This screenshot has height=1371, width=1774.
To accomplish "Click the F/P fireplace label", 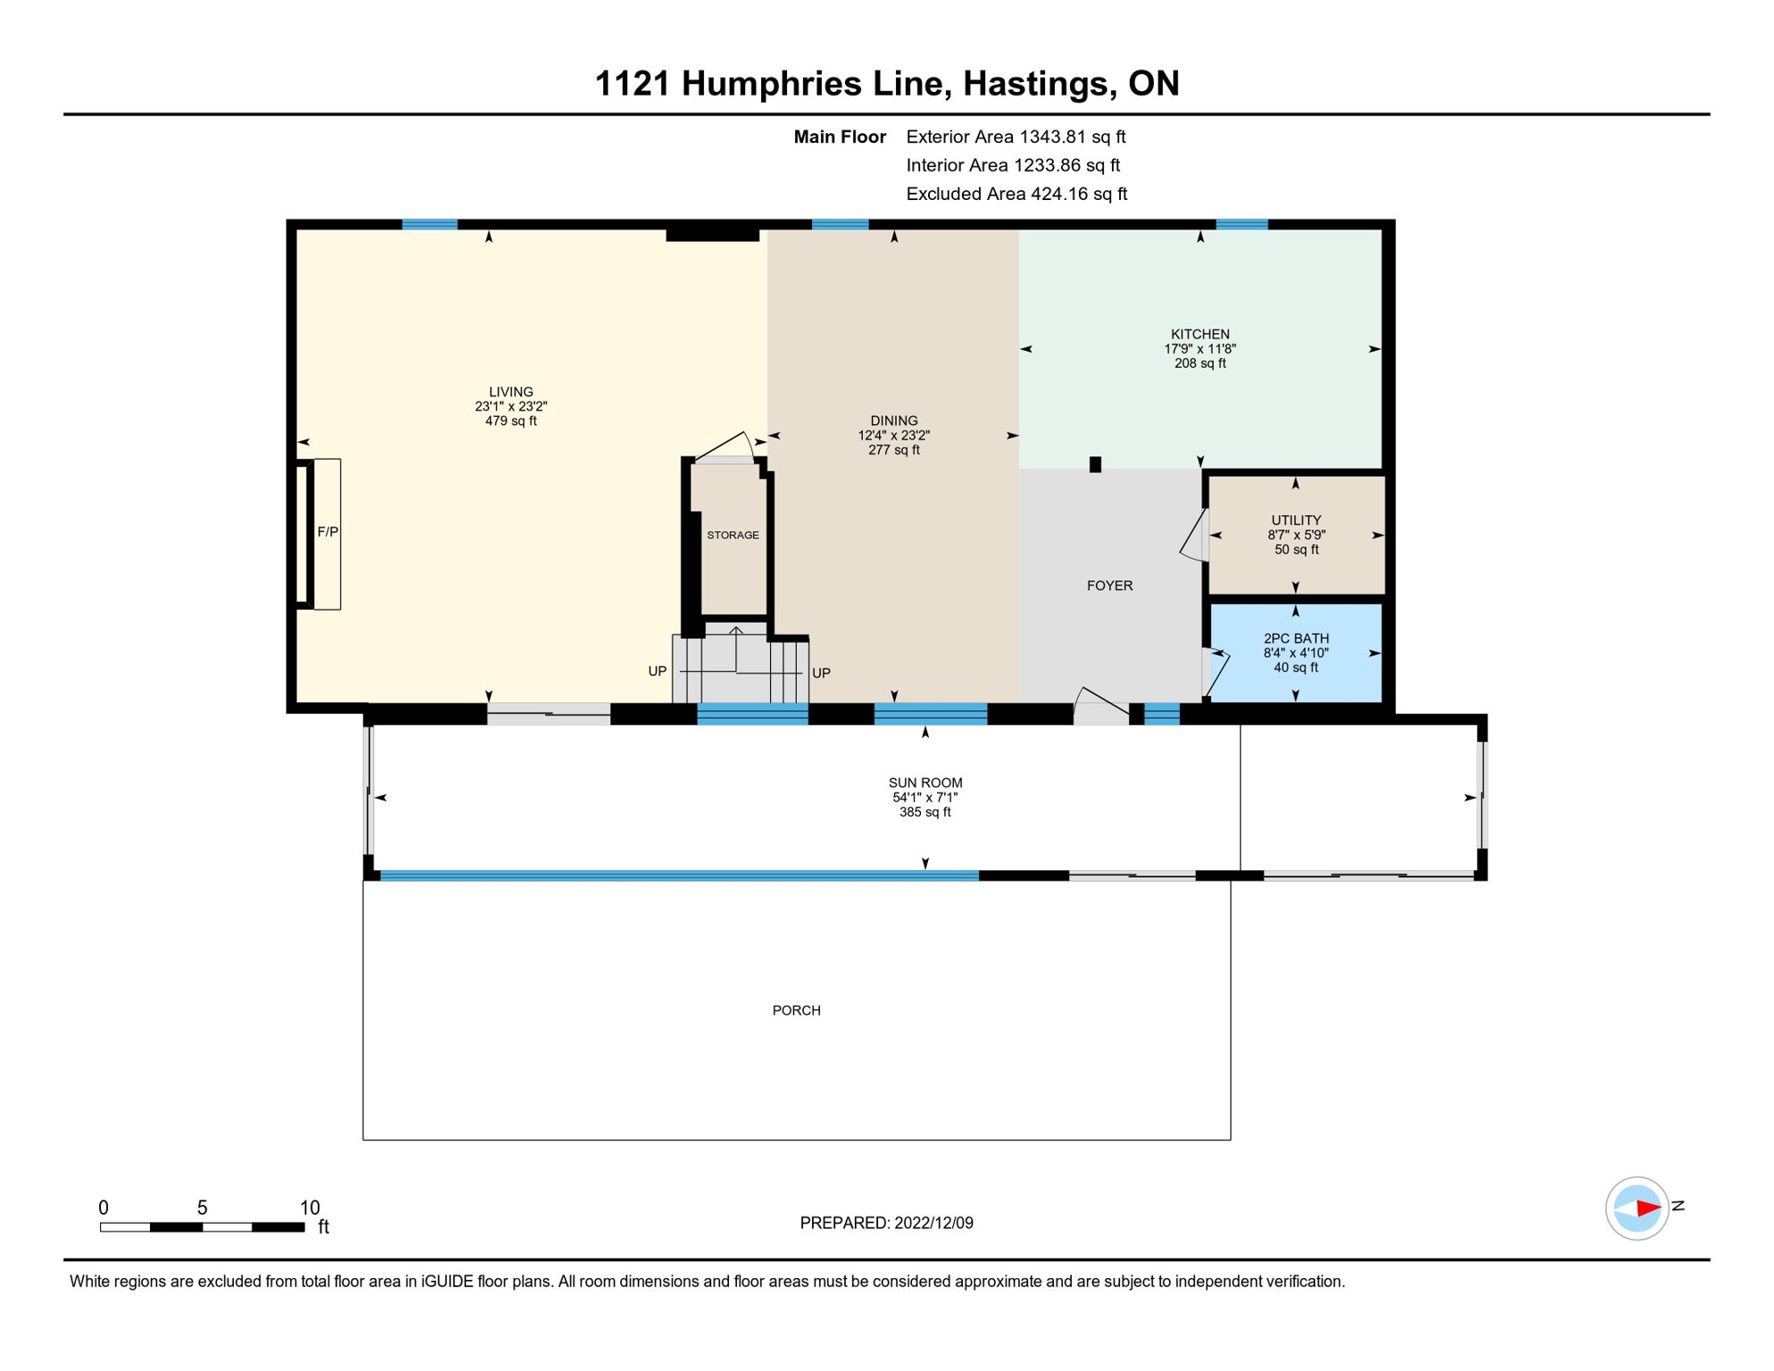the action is click(327, 532).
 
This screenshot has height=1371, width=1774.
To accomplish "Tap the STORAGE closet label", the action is click(733, 536).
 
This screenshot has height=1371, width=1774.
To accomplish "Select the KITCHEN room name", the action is click(1200, 334).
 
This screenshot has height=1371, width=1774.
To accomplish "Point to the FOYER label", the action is click(1109, 586).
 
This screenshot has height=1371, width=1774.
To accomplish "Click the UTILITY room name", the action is click(1296, 520).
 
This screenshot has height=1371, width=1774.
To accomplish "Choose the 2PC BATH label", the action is click(1296, 638).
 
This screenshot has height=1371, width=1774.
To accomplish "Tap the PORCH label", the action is click(796, 1010).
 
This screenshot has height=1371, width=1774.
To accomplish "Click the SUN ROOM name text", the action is click(925, 783).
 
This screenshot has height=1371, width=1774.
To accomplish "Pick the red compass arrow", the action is click(1648, 1209).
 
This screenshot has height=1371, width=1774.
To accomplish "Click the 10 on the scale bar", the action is click(310, 1208).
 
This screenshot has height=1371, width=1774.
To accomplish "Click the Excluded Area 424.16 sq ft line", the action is click(1016, 194).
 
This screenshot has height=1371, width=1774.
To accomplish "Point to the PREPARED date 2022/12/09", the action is click(933, 1223).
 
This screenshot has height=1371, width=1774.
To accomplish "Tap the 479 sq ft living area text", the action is click(510, 420).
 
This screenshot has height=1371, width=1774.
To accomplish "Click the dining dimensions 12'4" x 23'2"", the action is click(893, 436).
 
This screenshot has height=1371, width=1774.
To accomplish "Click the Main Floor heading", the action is click(840, 137).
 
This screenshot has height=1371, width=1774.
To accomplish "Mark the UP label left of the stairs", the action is click(657, 671).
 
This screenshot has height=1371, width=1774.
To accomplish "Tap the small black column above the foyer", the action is click(1095, 464).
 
